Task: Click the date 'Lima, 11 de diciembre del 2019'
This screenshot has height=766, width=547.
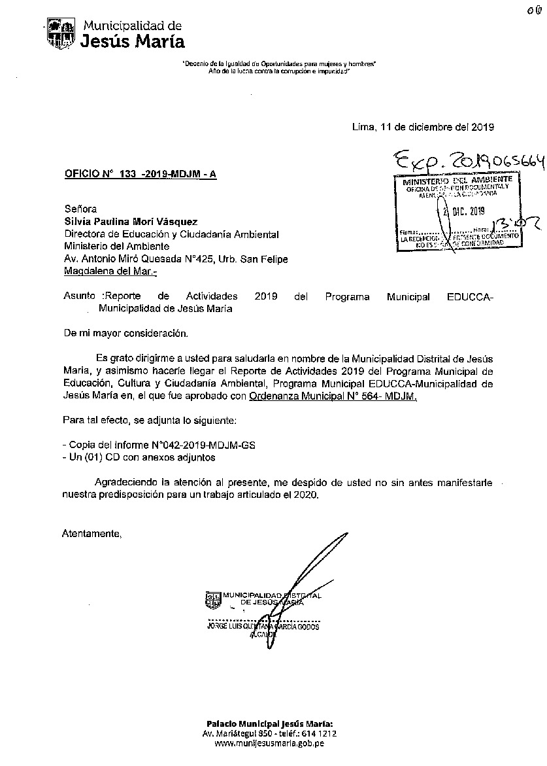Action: point(423,128)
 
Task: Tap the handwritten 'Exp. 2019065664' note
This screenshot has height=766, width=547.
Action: point(469,162)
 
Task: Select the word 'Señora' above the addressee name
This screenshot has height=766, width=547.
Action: point(79,210)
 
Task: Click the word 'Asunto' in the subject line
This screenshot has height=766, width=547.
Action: point(79,296)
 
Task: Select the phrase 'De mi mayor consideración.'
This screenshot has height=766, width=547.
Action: point(125,333)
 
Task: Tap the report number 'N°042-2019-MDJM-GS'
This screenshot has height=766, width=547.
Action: point(209,445)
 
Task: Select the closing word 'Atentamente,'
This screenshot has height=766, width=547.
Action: point(91,534)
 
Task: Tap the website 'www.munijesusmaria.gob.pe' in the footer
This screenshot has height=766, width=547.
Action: point(269,743)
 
